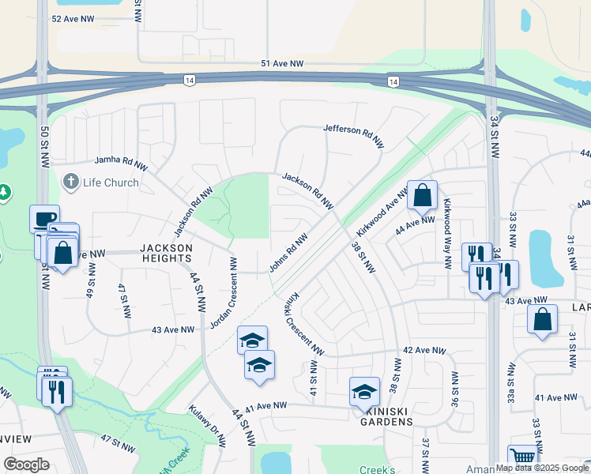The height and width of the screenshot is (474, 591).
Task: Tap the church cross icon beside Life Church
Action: tap(70, 182)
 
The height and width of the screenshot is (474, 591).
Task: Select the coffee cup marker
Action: tap(44, 219)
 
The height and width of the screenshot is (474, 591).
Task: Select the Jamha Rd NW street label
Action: tap(122, 163)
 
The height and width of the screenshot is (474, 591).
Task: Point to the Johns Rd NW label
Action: tap(288, 253)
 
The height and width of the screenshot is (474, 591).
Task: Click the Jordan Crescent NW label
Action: tap(224, 292)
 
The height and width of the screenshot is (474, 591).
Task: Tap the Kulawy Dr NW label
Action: tap(207, 427)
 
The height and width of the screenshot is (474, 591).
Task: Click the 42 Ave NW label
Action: tap(420, 349)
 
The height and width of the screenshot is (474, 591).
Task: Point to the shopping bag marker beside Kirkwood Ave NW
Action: tap(423, 194)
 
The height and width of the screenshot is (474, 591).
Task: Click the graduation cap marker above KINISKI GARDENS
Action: tap(364, 391)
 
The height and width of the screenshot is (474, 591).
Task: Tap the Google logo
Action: tap(27, 465)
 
